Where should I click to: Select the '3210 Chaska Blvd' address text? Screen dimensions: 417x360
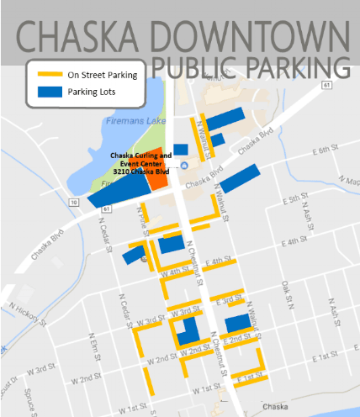click(136, 172)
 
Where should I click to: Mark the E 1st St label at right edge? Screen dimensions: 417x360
click(326, 360)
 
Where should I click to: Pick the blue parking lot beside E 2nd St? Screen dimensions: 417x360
click(238, 322)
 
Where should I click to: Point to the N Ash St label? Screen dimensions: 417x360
click(334, 314)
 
